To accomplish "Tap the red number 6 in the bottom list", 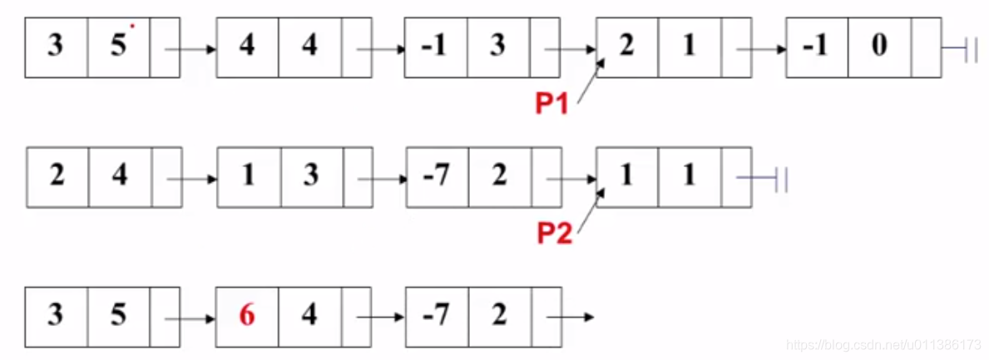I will tap(246, 316).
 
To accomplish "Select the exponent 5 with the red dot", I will tap(119, 46).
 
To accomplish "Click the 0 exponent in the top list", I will tap(879, 46).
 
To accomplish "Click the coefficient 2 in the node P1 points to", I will tap(626, 46).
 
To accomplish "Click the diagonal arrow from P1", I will tap(590, 84).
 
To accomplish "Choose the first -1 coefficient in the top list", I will tap(434, 46).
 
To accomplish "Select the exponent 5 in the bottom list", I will tap(119, 316).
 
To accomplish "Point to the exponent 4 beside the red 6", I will tap(309, 316).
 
